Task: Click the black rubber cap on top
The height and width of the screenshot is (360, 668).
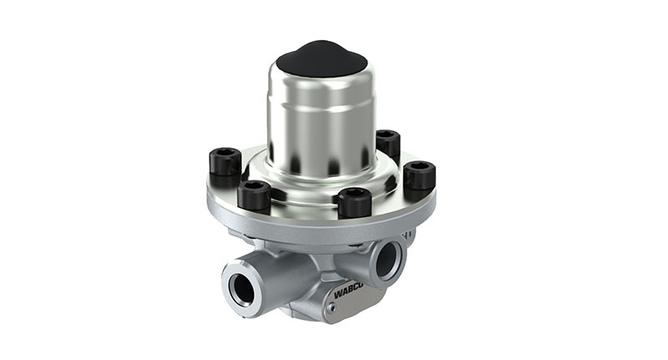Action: [321, 58]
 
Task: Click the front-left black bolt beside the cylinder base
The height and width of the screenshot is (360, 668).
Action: [254, 195]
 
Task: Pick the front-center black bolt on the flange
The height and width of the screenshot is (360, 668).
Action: [354, 202]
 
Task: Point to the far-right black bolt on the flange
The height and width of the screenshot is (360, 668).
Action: [418, 175]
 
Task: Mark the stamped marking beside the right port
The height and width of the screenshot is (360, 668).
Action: [408, 236]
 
